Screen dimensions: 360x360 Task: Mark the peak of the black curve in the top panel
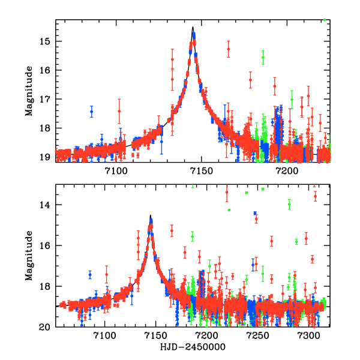click(193, 27)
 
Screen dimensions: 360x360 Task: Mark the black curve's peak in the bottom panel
click(151, 215)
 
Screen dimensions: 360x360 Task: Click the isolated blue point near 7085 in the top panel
click(92, 112)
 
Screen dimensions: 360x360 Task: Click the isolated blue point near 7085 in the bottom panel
click(90, 274)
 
